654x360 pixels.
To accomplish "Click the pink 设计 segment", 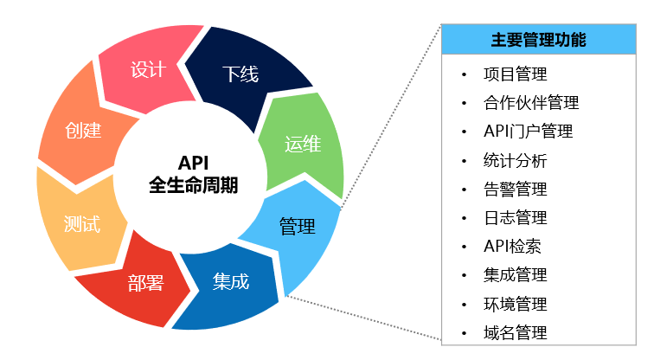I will tap(148, 70).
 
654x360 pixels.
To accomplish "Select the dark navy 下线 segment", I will tap(240, 74).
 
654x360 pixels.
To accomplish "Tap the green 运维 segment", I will tap(303, 144).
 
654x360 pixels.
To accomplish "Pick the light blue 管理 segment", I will tap(297, 227).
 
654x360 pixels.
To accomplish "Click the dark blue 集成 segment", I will tap(230, 282).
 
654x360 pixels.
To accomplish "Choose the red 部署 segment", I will tap(145, 282).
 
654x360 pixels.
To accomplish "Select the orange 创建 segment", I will tap(83, 132).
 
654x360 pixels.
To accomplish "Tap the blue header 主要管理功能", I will tap(538, 40).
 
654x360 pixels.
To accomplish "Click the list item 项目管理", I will tap(516, 74).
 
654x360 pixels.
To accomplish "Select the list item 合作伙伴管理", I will tap(531, 103).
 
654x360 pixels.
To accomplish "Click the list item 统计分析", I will tap(516, 160).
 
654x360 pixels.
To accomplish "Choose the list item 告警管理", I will tap(516, 189).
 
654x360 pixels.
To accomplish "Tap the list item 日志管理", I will tap(516, 217).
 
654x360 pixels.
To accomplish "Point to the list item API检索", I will tap(513, 246).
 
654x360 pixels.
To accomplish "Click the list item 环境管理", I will tap(516, 304).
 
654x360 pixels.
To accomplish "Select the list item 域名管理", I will tap(516, 332).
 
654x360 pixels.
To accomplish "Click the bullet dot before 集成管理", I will tap(465, 275).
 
